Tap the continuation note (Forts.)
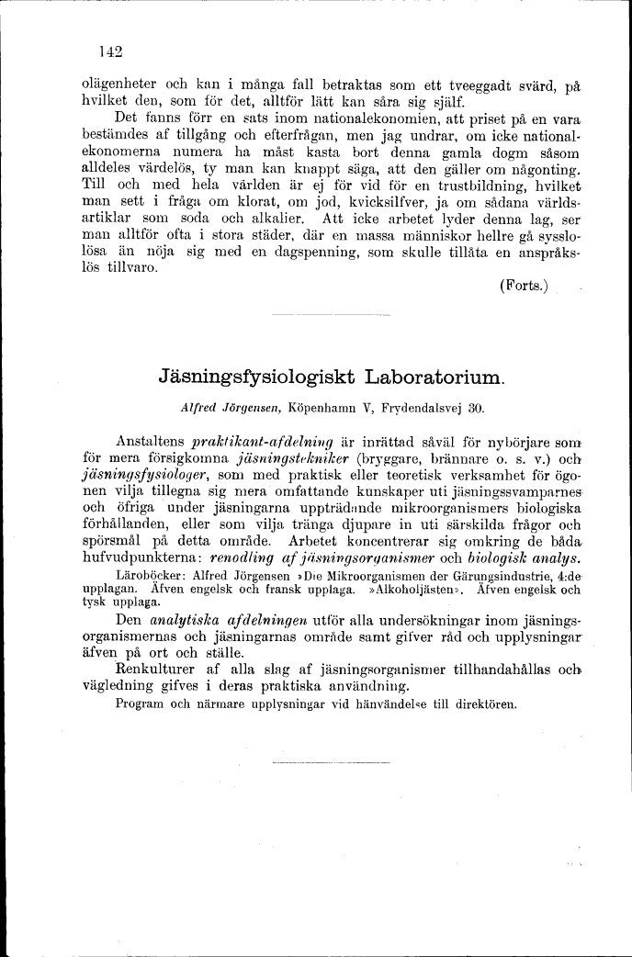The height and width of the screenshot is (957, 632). (x=523, y=287)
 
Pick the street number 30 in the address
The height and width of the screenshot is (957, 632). (x=475, y=406)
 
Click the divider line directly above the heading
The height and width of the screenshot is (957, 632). (x=332, y=317)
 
